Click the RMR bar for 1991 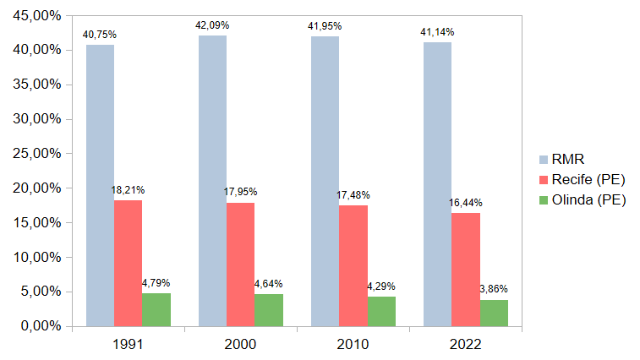tap(100, 185)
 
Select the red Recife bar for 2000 tap(240, 264)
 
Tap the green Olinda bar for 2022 tap(494, 313)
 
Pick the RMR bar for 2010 tap(325, 181)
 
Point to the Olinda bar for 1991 tap(156, 309)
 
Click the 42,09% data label tap(212, 25)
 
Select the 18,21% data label tap(128, 190)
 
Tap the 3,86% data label tap(494, 289)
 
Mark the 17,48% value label tap(353, 195)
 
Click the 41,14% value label tap(437, 32)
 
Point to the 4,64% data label tap(269, 284)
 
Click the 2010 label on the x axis tap(353, 344)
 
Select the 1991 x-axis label tap(128, 344)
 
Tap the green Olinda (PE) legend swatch tap(544, 200)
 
